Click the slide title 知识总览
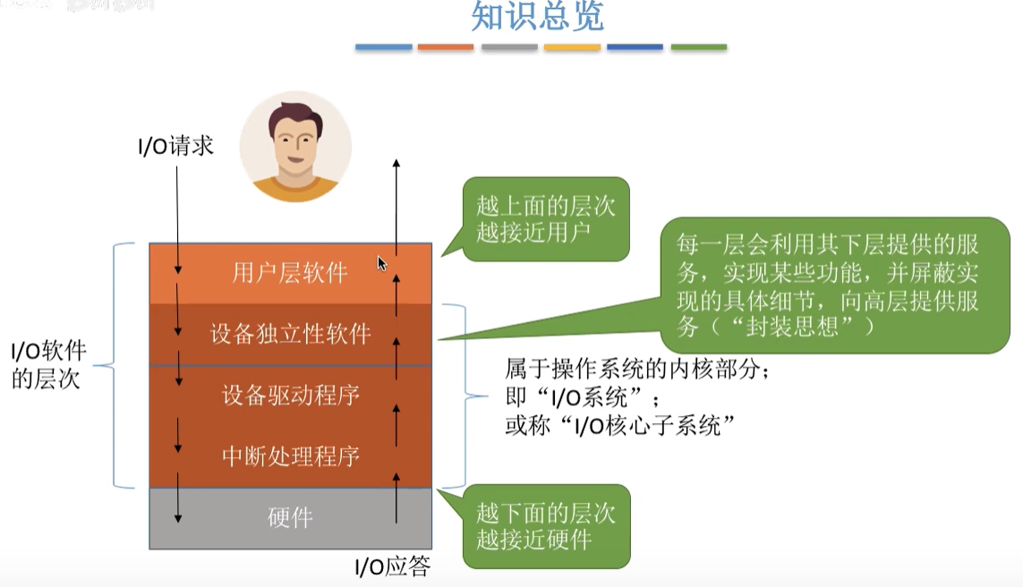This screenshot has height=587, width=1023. point(537,16)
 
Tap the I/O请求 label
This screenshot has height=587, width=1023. point(176,146)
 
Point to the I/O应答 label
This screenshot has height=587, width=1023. point(393,566)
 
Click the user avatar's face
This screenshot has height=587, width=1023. point(295,143)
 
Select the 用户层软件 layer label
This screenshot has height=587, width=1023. point(290,272)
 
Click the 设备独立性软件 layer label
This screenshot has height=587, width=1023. point(290,334)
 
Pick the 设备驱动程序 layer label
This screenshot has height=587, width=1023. point(290,394)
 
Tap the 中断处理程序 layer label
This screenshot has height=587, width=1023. point(290,455)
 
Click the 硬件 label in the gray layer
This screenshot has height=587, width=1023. point(290,517)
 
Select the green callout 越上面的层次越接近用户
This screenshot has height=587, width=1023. point(545,219)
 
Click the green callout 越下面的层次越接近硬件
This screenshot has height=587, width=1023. point(545,526)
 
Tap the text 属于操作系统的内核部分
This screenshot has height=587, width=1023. point(636,368)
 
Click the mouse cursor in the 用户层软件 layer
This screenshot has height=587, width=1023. point(381,263)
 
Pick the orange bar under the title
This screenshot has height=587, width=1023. point(446,47)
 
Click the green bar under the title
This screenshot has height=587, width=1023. point(698,47)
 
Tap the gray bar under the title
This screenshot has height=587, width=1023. point(509,47)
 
